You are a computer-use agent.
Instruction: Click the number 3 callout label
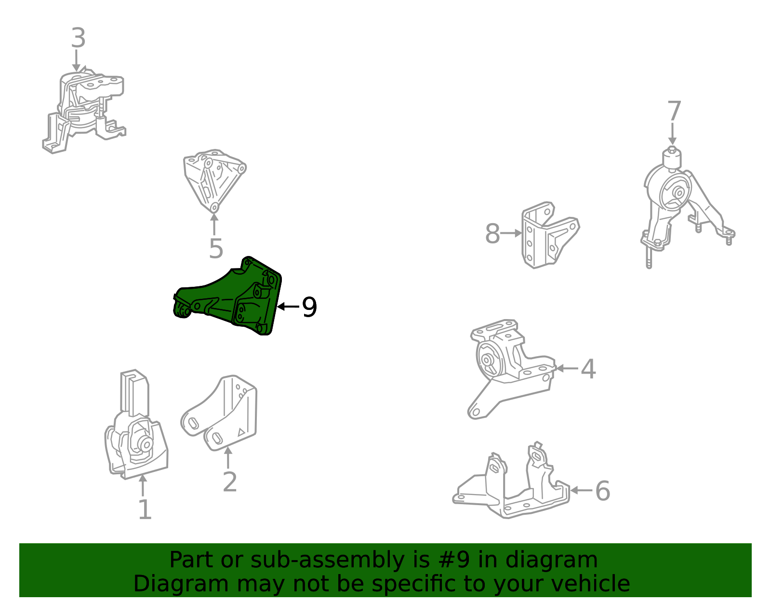pyautogui.click(x=79, y=38)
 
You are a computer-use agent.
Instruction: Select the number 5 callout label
pyautogui.click(x=216, y=248)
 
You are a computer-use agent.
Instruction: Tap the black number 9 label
pyautogui.click(x=309, y=307)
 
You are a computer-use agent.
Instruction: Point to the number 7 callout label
pyautogui.click(x=674, y=111)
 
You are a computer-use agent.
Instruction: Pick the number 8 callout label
pyautogui.click(x=492, y=234)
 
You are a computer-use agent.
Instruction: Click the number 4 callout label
pyautogui.click(x=588, y=369)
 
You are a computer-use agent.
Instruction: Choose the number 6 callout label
pyautogui.click(x=603, y=491)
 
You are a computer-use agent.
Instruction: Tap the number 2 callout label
pyautogui.click(x=230, y=482)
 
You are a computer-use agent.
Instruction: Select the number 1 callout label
pyautogui.click(x=145, y=509)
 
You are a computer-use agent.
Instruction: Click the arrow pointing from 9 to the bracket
pyautogui.click(x=288, y=307)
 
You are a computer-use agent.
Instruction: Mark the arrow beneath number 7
pyautogui.click(x=672, y=134)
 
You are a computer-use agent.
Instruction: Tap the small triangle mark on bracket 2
pyautogui.click(x=241, y=432)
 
